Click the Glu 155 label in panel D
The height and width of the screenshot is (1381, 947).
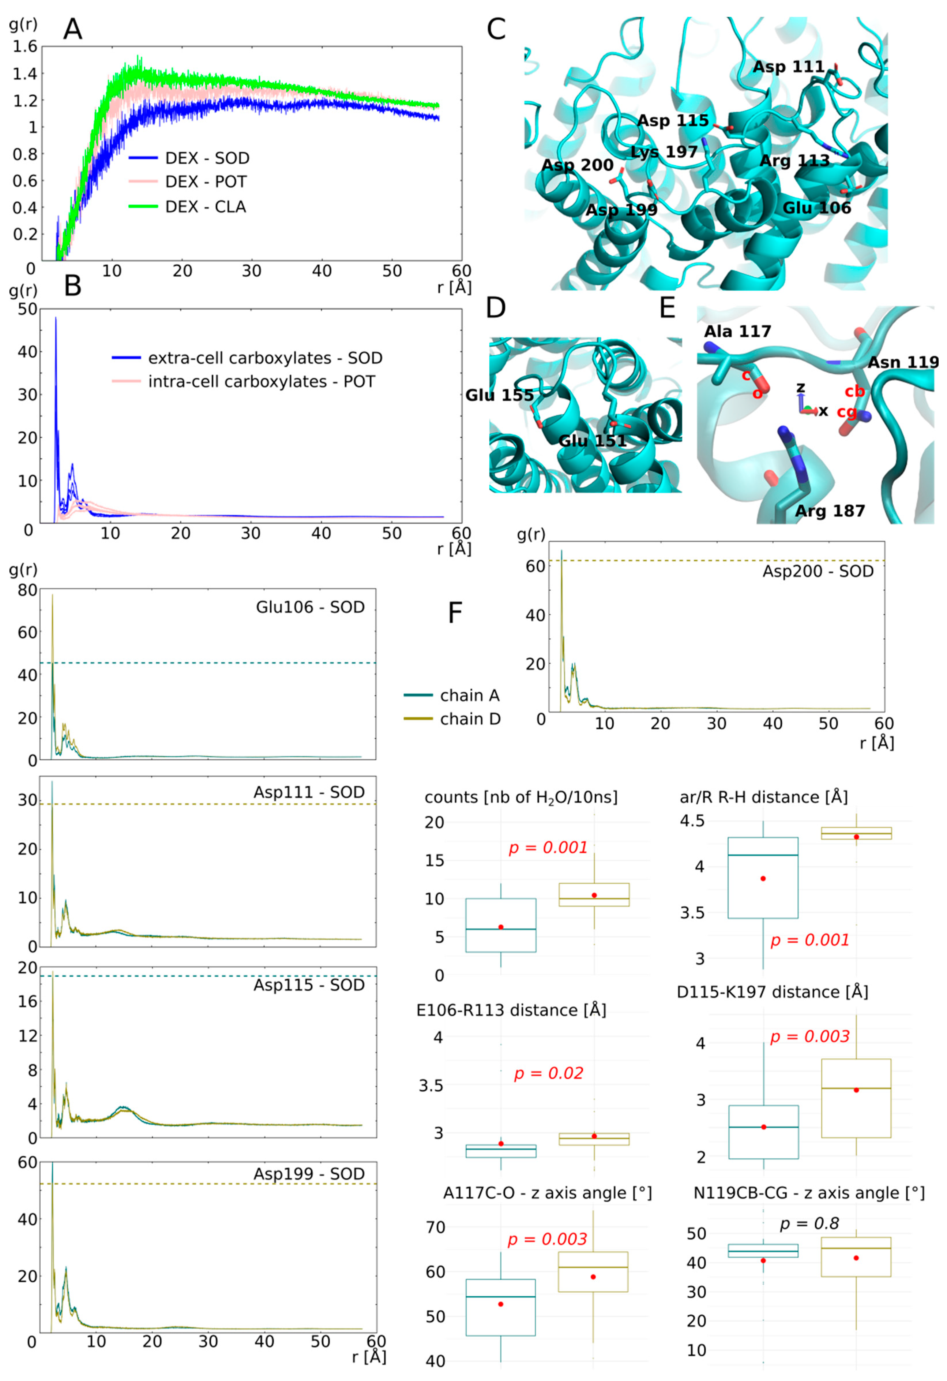pos(499,395)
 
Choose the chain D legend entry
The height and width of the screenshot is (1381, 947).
pos(470,719)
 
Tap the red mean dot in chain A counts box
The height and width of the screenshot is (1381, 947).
pos(501,927)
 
